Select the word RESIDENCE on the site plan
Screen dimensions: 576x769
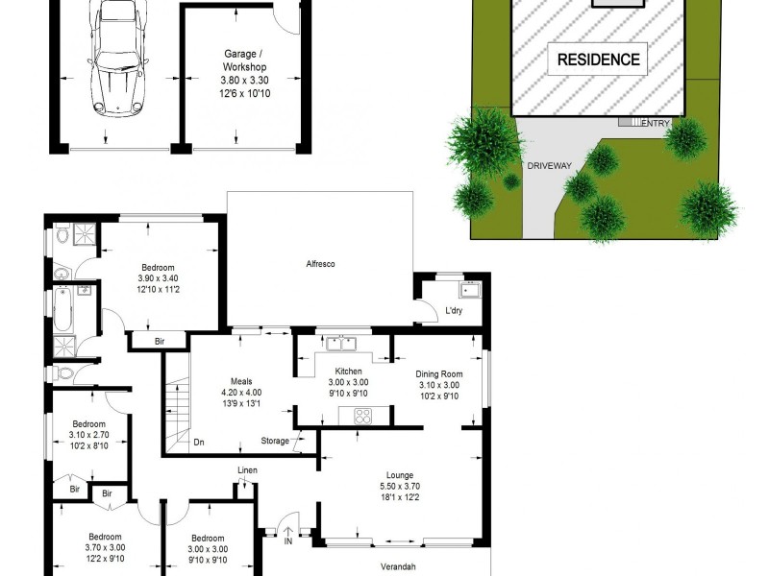coord(598,60)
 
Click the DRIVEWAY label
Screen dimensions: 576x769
coord(550,165)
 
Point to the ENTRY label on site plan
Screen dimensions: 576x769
coord(656,123)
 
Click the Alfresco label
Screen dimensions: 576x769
coord(320,264)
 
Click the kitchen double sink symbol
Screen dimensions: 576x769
coord(340,343)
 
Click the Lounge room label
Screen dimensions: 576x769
coord(399,475)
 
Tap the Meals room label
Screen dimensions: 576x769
coord(240,381)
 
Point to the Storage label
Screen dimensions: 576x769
coord(274,442)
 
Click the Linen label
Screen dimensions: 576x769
coord(248,469)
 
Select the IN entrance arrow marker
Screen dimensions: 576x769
coord(287,531)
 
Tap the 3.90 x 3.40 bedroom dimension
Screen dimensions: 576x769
coord(158,279)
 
